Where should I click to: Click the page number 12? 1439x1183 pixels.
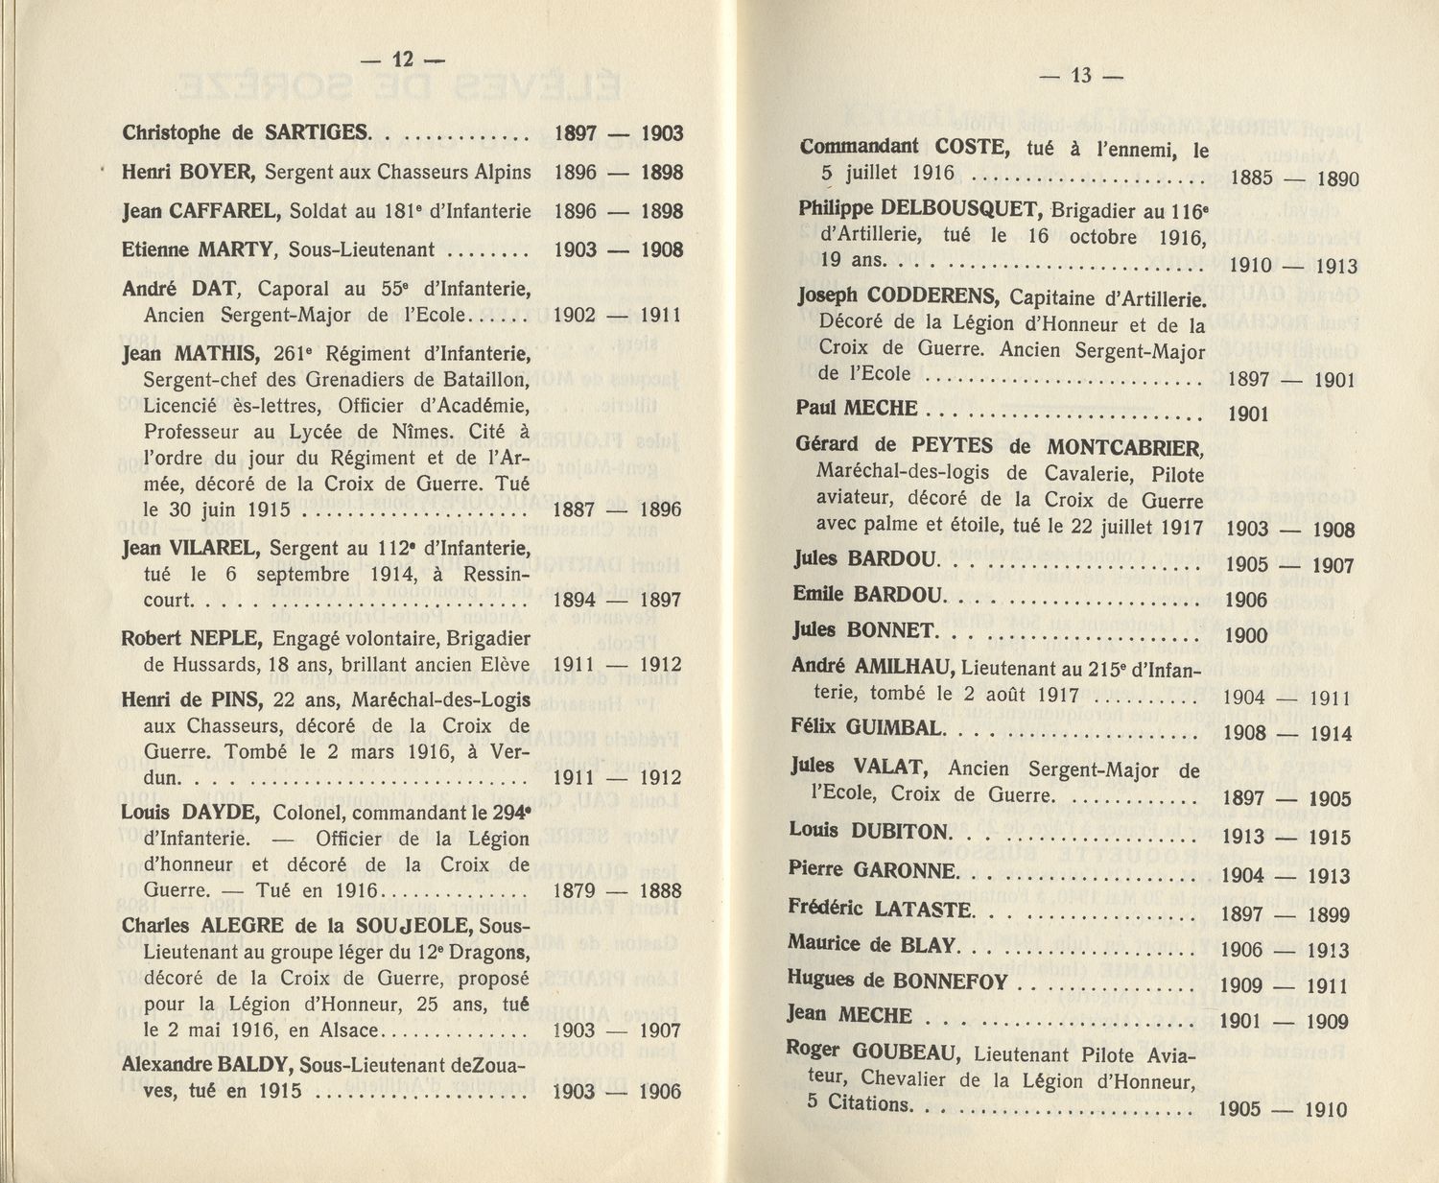click(x=403, y=59)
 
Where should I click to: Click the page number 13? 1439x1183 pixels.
click(x=1081, y=76)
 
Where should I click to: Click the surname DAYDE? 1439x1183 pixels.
click(x=220, y=813)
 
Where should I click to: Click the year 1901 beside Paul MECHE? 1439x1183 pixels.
click(x=1247, y=414)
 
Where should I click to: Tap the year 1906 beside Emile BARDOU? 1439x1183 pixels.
click(x=1246, y=601)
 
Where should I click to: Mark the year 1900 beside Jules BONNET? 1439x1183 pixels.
click(x=1246, y=635)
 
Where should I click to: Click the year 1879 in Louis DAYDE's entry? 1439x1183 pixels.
click(x=574, y=890)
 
